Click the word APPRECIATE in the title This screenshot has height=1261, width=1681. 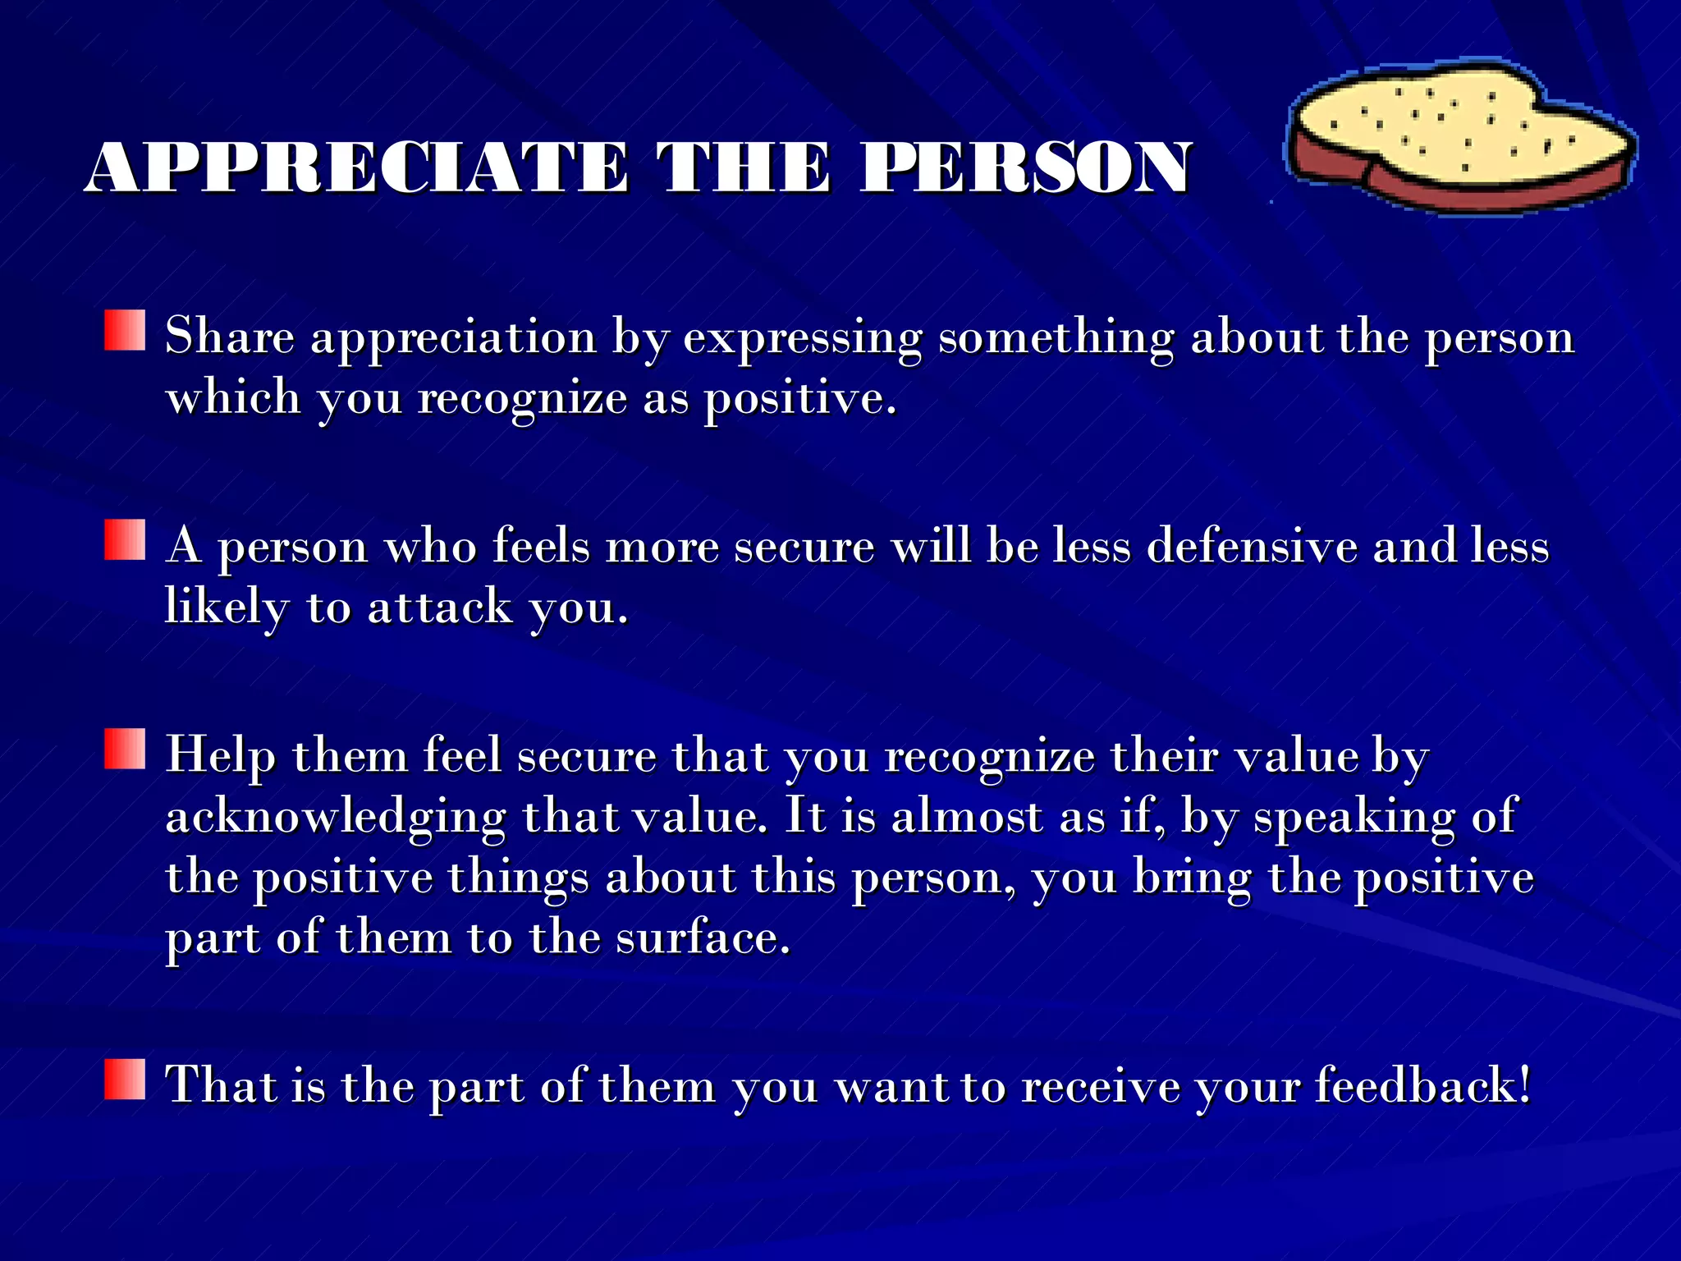(x=357, y=168)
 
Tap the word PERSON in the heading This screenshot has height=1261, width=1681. (x=1025, y=168)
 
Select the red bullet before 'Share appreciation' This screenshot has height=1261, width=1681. (x=125, y=330)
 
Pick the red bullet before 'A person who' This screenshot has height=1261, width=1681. (x=125, y=539)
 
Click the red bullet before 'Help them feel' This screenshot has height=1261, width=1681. (x=125, y=749)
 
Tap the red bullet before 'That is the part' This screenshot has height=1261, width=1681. (x=125, y=1079)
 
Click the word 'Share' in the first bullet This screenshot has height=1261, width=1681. (x=229, y=337)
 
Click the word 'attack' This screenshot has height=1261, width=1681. (x=440, y=608)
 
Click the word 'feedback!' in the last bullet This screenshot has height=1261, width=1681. (x=1423, y=1085)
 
